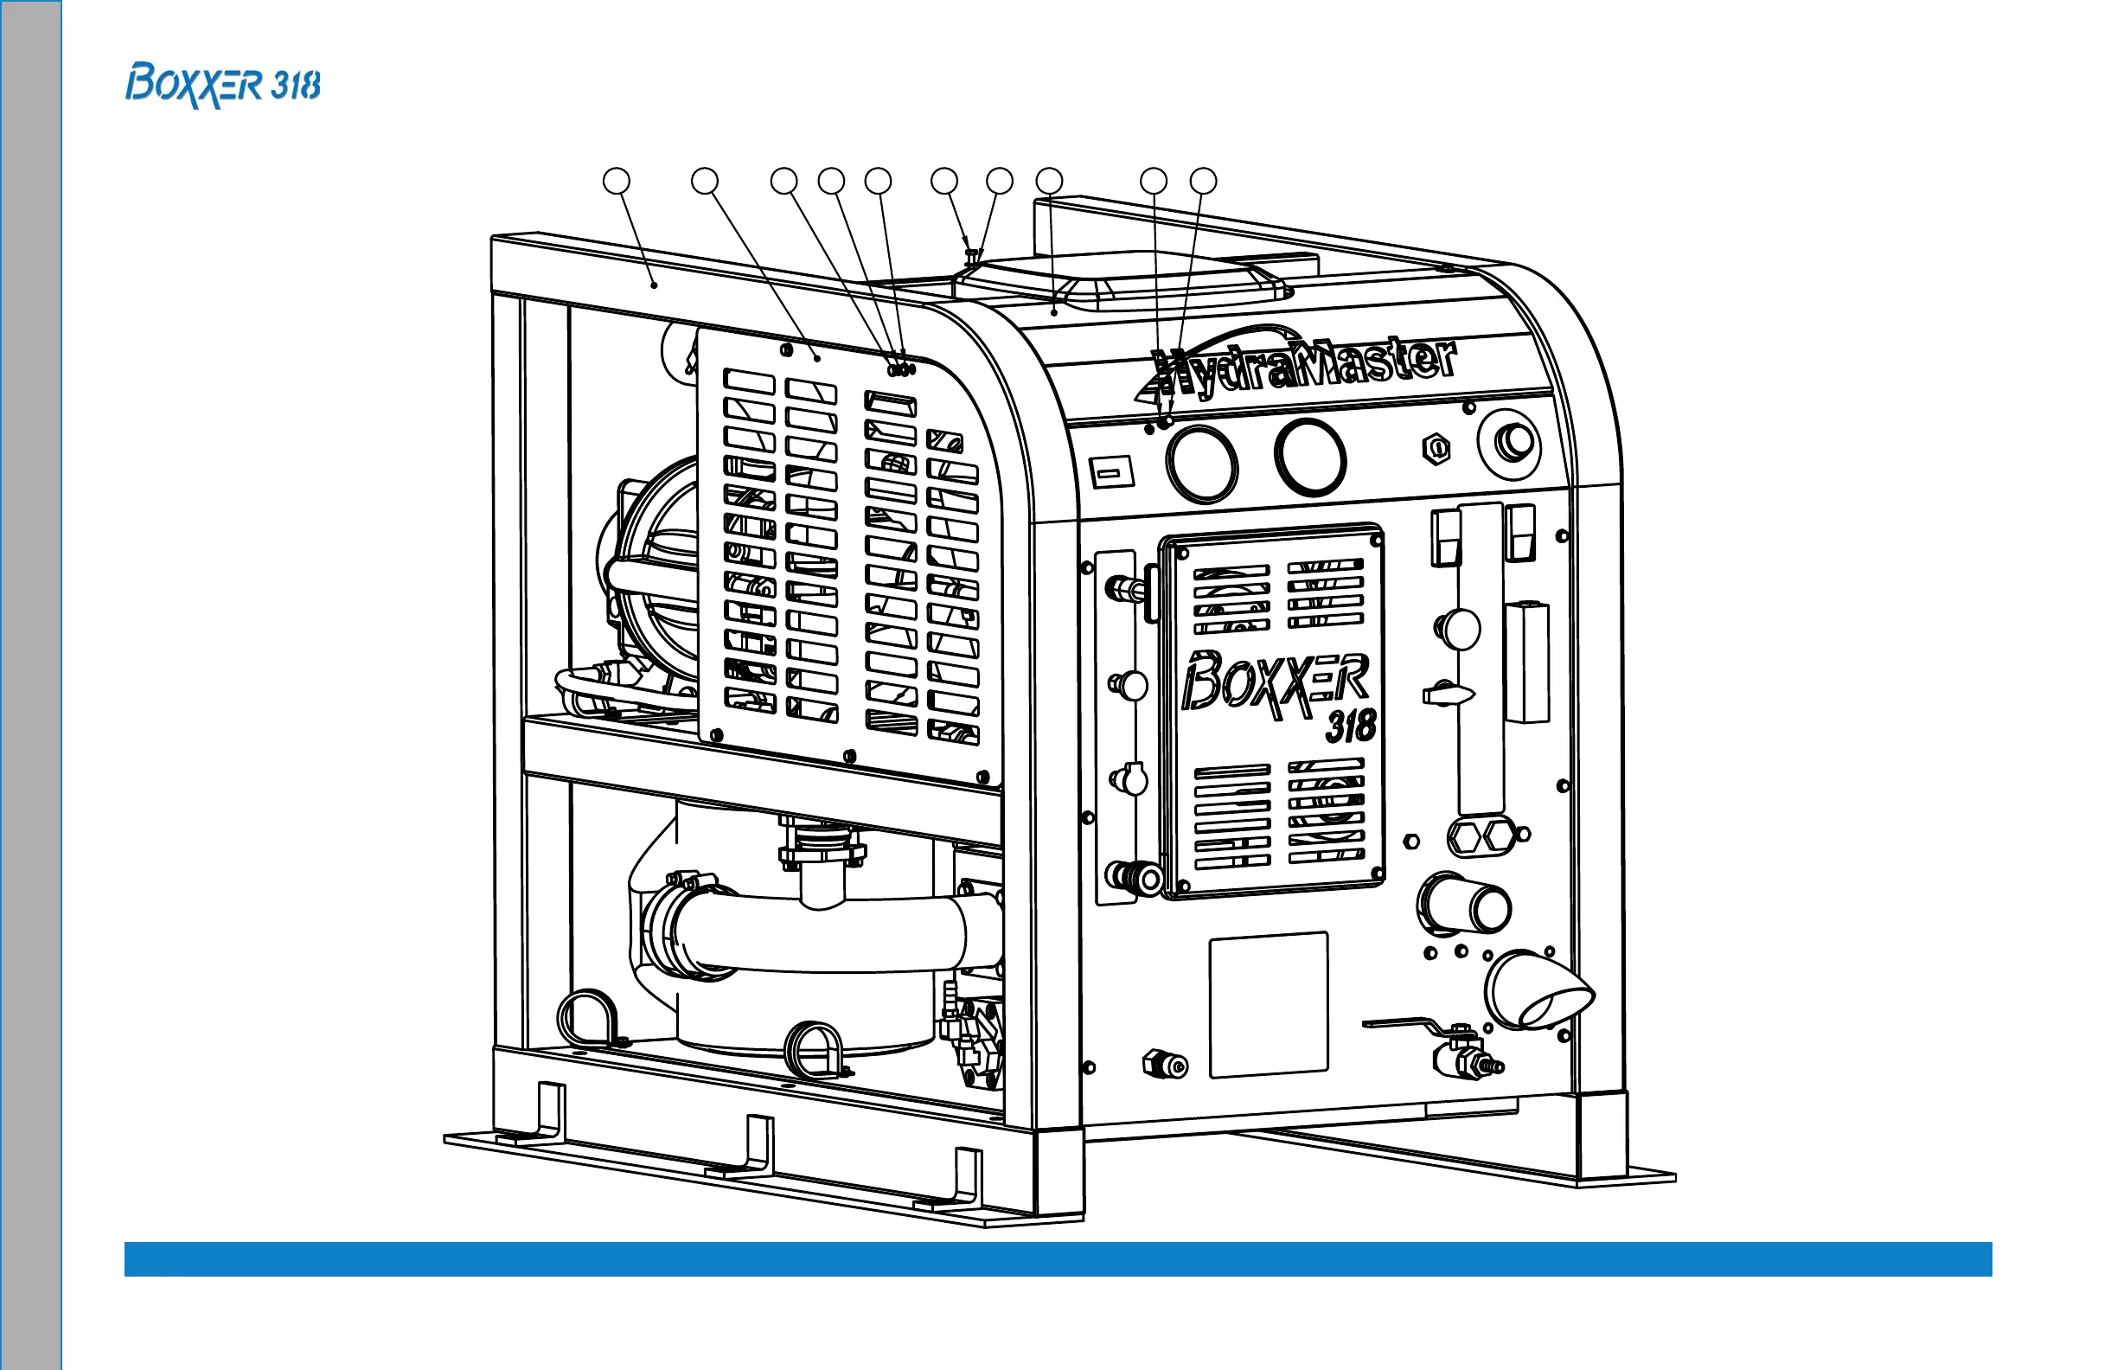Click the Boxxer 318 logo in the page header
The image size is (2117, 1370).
(222, 86)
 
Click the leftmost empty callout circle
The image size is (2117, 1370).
(617, 182)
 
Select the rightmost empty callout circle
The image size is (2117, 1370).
(1204, 182)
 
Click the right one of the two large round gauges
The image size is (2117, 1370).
(1309, 458)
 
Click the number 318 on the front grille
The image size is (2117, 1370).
(1351, 726)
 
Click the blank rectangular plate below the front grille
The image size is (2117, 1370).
(1269, 1004)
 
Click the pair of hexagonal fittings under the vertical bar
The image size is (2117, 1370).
(1477, 838)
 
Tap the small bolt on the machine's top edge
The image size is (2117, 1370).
(972, 256)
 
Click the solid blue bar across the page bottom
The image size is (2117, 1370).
(1058, 1258)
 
